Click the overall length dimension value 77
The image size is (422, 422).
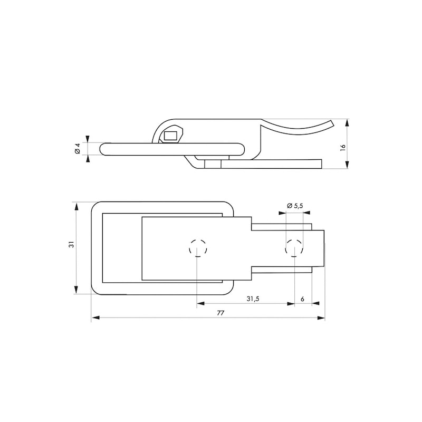(220, 313)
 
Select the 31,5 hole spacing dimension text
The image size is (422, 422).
(253, 299)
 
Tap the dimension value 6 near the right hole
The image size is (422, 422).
(302, 299)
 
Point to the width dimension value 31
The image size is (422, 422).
(71, 244)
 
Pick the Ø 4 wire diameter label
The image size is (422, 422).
(77, 148)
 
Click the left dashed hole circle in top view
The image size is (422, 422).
(198, 247)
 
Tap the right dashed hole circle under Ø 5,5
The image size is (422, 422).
(294, 247)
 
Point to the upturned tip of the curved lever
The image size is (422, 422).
(331, 123)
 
